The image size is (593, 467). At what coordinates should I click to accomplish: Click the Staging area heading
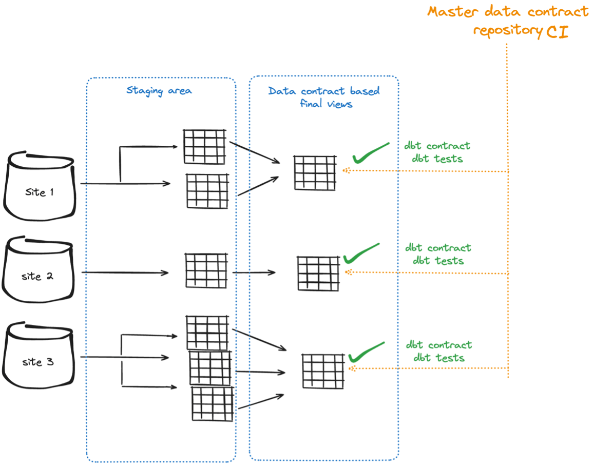coord(159,91)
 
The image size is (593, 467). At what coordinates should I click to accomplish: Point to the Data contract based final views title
coord(324,97)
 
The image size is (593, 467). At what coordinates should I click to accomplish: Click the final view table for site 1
coord(315,172)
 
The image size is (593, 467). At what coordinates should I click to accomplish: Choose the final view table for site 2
coord(318,274)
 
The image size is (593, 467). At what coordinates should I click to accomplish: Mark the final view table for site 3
coord(323,371)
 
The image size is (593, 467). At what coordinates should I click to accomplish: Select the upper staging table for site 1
coord(204,147)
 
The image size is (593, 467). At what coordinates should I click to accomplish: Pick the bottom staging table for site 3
coord(213,403)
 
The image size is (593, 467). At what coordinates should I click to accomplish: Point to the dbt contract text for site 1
coord(437,146)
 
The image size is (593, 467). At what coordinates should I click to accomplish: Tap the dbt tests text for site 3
coord(439,358)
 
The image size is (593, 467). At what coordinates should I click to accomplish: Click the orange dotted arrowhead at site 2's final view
coord(348,273)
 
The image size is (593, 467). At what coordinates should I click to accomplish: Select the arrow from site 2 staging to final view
coord(254,273)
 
